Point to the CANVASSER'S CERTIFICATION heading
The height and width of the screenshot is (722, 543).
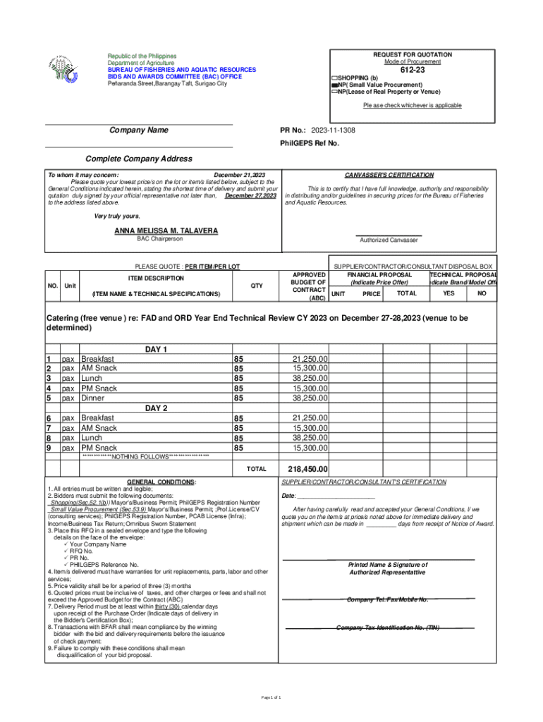pyautogui.click(x=389, y=175)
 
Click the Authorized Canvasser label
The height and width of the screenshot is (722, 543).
pyautogui.click(x=389, y=240)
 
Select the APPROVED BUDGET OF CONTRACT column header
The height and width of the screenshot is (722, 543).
pyautogui.click(x=308, y=286)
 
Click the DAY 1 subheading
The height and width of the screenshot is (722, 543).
pyautogui.click(x=156, y=350)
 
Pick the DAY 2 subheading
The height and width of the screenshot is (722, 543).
pyautogui.click(x=156, y=408)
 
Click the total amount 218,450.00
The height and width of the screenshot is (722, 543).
pyautogui.click(x=307, y=469)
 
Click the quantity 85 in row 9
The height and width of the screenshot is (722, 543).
pyautogui.click(x=238, y=448)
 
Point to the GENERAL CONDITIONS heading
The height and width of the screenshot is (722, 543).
pyautogui.click(x=157, y=482)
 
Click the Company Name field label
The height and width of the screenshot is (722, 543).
pyautogui.click(x=139, y=130)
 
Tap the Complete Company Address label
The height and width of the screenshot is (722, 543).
pyautogui.click(x=138, y=159)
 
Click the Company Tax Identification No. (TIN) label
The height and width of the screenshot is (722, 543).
pyautogui.click(x=388, y=628)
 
